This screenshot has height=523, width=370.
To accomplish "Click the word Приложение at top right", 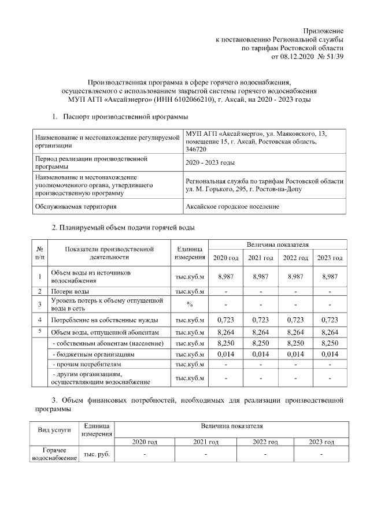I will tap(324, 29).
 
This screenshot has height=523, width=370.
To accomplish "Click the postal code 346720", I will tap(195, 149).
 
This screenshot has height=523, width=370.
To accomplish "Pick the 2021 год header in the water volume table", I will tap(260, 257).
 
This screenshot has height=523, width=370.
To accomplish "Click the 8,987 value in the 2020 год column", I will tap(225, 277).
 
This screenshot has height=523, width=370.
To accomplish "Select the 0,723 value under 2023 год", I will tap(330, 320).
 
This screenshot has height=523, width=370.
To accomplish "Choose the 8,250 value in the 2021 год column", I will tap(260, 343).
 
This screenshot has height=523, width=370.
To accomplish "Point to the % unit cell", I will tap(189, 305).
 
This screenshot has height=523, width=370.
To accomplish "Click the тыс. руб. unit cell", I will tap(97, 455).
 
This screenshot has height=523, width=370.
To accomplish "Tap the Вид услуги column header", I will tap(54, 430).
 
